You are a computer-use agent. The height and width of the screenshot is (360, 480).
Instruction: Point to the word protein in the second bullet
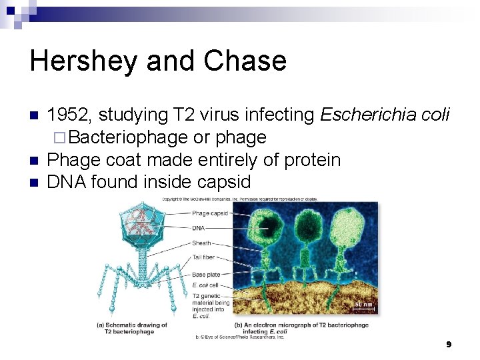[313, 160]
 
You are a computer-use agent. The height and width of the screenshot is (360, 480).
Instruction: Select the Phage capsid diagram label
[209, 213]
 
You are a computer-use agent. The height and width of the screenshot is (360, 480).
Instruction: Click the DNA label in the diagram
[198, 228]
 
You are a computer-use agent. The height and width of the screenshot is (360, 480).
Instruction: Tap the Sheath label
[201, 243]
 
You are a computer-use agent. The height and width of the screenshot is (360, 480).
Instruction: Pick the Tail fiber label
[204, 258]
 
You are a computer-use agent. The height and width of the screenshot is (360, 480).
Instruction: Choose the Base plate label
[206, 274]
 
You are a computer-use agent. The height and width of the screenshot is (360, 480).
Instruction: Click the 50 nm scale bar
[363, 306]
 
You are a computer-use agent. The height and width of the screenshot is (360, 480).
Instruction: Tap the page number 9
[449, 344]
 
